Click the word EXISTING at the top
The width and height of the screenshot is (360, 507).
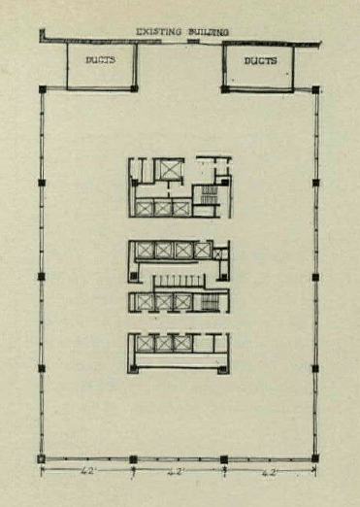pos(158,32)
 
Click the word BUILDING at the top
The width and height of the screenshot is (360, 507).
pos(209,32)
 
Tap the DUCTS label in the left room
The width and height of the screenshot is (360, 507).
pos(100,60)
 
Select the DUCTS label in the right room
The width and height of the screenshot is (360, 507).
pos(260,60)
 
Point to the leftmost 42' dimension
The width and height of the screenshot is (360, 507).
pos(87,471)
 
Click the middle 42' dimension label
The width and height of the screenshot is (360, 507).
pos(176,472)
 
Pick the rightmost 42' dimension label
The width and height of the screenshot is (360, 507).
pos(269,472)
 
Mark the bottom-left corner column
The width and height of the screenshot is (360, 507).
pos(41,458)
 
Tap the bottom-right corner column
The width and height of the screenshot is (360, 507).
pos(315,458)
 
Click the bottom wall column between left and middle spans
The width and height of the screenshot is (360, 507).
pos(133,459)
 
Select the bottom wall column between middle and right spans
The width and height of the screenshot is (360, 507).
pos(224,459)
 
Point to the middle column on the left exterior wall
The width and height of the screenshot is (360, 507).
pos(41,276)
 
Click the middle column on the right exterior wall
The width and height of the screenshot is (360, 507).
pos(315,277)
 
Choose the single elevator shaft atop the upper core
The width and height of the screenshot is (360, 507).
pos(168,169)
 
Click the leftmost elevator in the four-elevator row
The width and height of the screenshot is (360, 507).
pos(145,251)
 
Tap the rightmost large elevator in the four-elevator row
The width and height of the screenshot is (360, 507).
pos(203,251)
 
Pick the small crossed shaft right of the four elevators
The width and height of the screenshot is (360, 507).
pos(221,253)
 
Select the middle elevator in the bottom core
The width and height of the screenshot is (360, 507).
pos(164,344)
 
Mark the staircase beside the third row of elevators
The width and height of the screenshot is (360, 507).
pos(209,302)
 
